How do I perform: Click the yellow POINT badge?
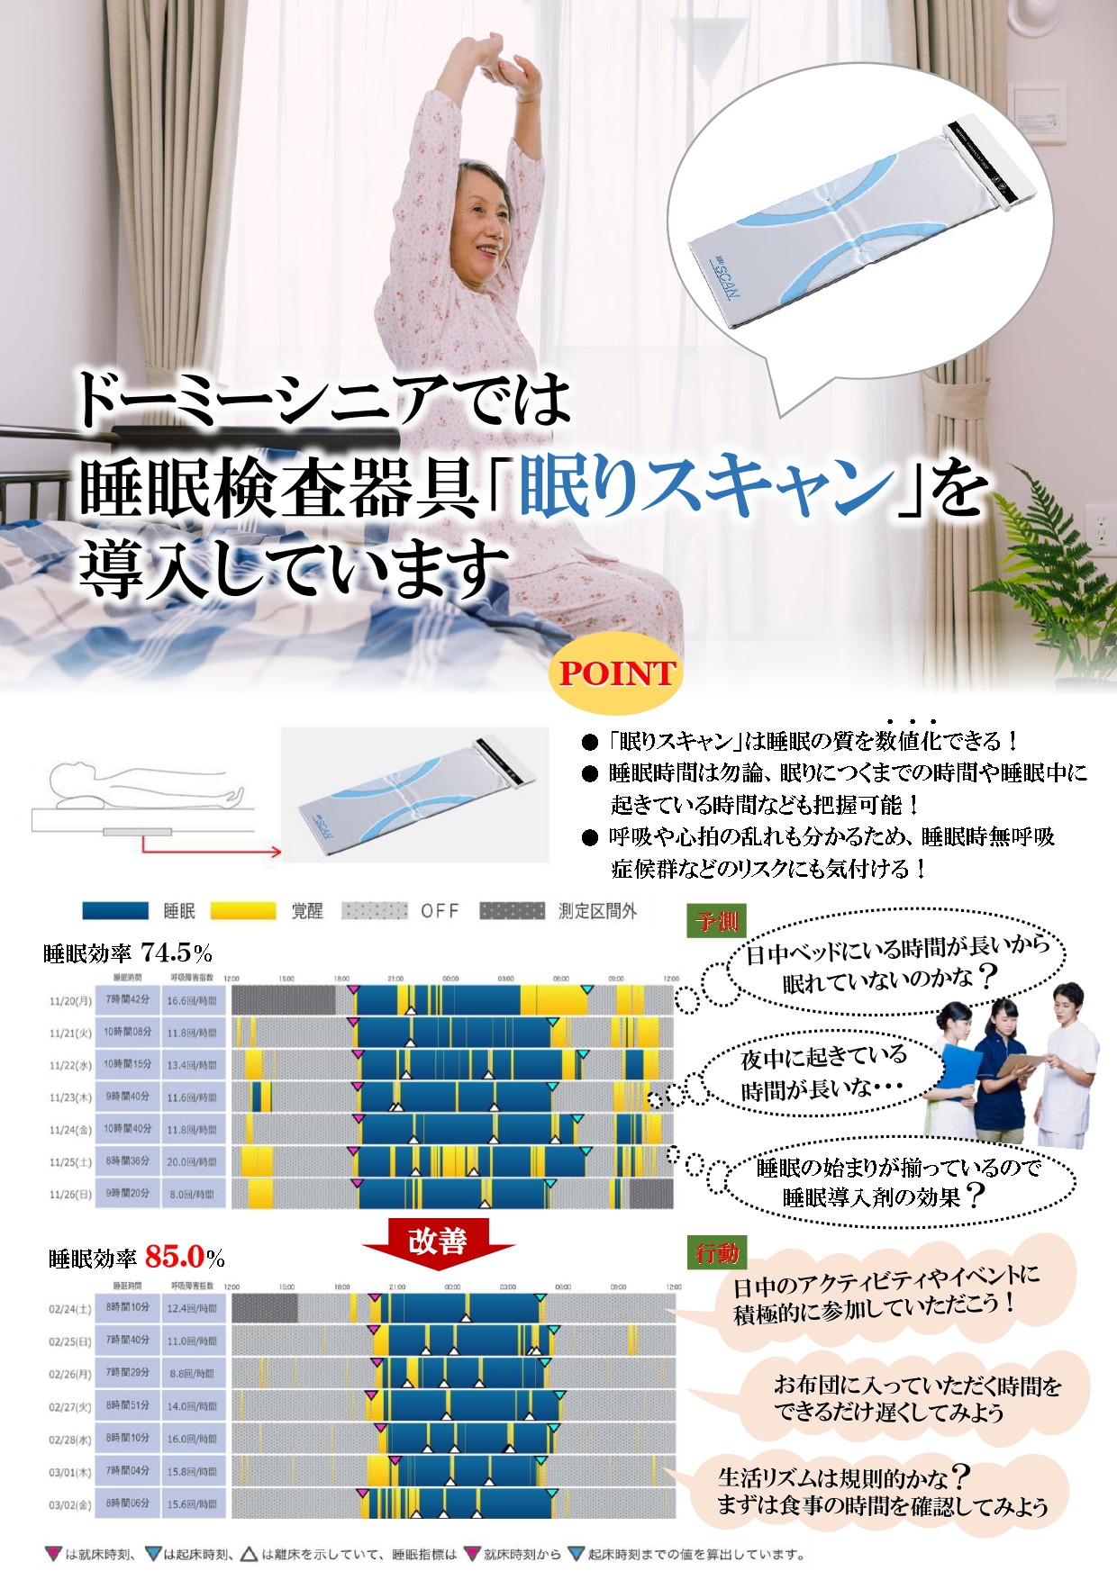pyautogui.click(x=616, y=673)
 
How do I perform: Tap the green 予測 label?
pyautogui.click(x=716, y=921)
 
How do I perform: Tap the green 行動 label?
pyautogui.click(x=716, y=1252)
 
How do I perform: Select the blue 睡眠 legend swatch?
pyautogui.click(x=115, y=911)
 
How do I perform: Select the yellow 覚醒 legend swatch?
pyautogui.click(x=243, y=911)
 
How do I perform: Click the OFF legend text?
pyautogui.click(x=440, y=911)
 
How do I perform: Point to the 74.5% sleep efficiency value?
pyautogui.click(x=177, y=953)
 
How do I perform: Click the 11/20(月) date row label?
pyautogui.click(x=70, y=1000)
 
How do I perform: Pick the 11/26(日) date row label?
pyautogui.click(x=70, y=1194)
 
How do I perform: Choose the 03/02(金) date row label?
pyautogui.click(x=70, y=1503)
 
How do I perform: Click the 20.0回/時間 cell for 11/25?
pyautogui.click(x=192, y=1161)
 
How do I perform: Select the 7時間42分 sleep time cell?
pyautogui.click(x=128, y=1000)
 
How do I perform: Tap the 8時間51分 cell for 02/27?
pyautogui.click(x=128, y=1405)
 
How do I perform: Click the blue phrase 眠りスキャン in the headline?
pyautogui.click(x=707, y=487)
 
